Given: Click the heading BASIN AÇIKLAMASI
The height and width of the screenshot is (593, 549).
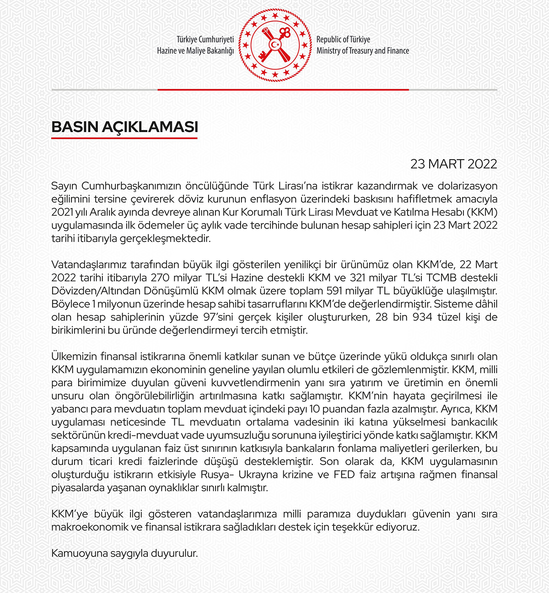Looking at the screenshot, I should tap(124, 127).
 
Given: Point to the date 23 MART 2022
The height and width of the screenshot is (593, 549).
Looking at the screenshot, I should tap(453, 164).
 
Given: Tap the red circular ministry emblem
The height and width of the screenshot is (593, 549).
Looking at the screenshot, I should tap(274, 45).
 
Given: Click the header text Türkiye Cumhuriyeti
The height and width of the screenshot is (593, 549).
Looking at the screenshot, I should tap(205, 40).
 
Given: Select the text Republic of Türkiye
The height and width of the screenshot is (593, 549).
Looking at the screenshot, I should tap(343, 40).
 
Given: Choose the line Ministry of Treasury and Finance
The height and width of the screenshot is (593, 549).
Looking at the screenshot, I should tap(362, 51).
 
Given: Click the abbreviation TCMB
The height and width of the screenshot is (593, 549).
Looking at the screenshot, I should tap(440, 278).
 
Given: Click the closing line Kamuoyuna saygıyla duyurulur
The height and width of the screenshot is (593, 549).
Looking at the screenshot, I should tap(124, 554).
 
